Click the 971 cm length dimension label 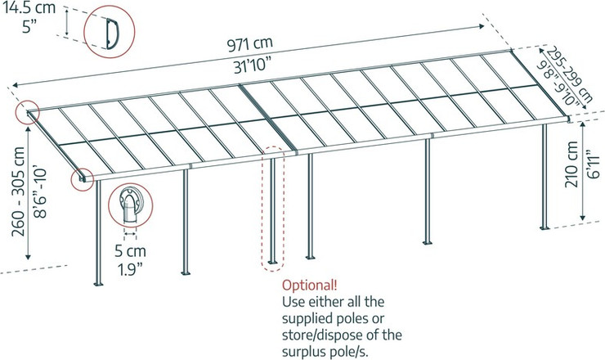click(x=249, y=44)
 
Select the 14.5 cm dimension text click(x=29, y=7)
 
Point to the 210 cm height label click(x=571, y=164)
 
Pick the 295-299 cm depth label click(x=570, y=74)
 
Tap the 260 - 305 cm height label click(x=18, y=191)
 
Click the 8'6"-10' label click(x=39, y=193)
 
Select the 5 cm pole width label click(x=130, y=251)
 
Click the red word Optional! click(x=309, y=286)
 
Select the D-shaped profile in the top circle click(x=112, y=34)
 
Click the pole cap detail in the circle click(x=130, y=205)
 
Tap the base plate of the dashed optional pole click(x=272, y=263)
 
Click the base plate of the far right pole click(x=544, y=227)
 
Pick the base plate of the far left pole click(x=99, y=284)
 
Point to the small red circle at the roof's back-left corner click(x=28, y=112)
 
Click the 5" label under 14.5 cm click(x=29, y=27)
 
